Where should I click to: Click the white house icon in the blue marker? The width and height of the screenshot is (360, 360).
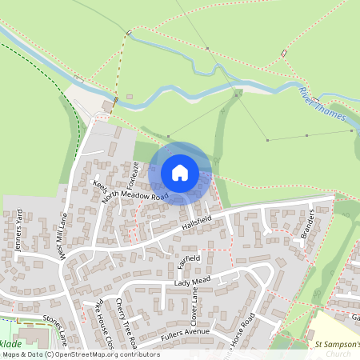click(x=180, y=173)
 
